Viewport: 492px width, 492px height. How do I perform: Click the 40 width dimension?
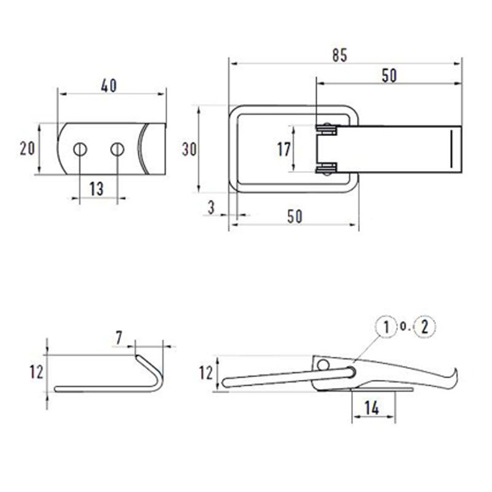109,85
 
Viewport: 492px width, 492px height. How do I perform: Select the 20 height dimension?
27,148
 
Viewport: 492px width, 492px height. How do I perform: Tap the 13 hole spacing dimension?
97,189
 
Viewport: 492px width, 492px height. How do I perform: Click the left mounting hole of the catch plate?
81,149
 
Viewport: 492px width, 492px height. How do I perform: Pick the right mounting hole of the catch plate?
117,149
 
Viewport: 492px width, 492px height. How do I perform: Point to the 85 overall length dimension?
340,55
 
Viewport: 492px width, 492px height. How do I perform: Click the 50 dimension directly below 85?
389,76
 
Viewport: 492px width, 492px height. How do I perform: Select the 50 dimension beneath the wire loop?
295,216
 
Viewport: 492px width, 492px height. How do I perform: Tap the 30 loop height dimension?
189,149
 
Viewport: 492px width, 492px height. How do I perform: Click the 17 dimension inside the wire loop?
284,149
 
